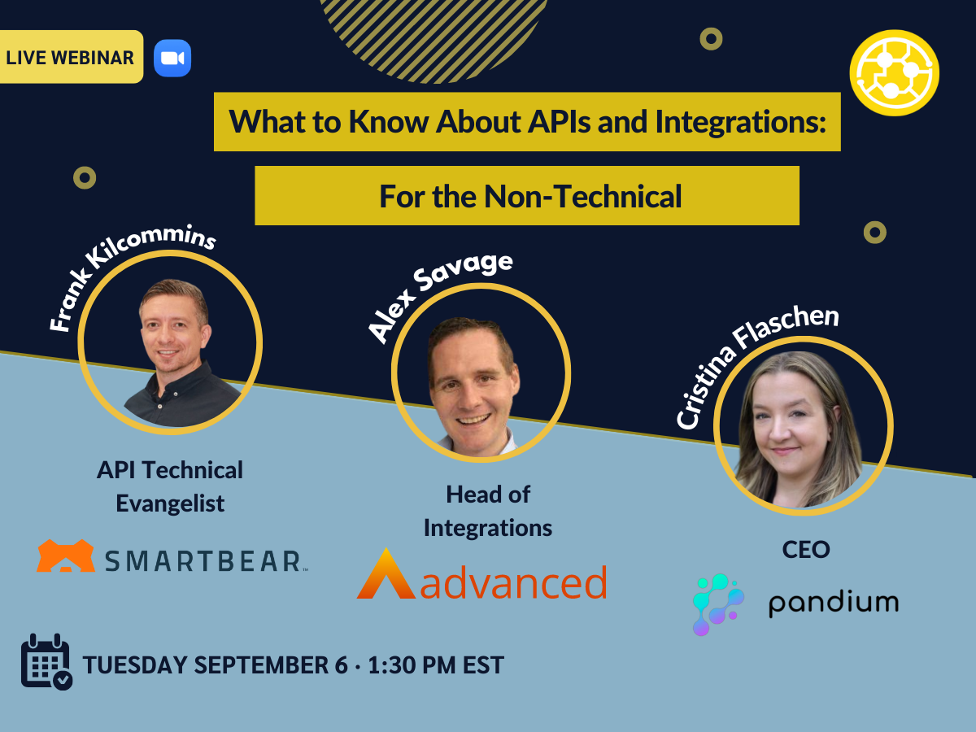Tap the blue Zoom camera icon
[x=172, y=58]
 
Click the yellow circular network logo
[x=894, y=73]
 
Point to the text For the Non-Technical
[x=529, y=196]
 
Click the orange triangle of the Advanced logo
[x=386, y=575]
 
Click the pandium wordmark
[x=833, y=603]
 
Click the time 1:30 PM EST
[x=436, y=664]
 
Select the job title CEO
[x=805, y=549]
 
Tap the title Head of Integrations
[x=488, y=511]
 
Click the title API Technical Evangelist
[x=170, y=486]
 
